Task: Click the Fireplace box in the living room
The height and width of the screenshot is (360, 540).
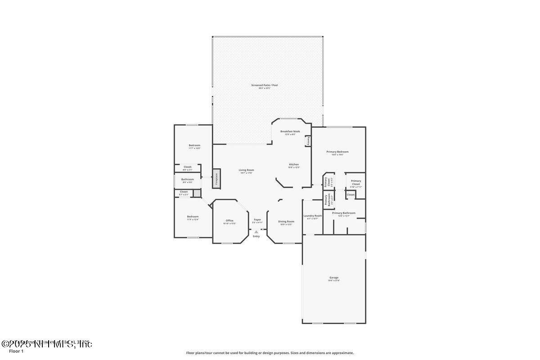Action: click(x=216, y=179)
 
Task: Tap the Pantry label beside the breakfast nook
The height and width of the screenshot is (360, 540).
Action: click(x=309, y=141)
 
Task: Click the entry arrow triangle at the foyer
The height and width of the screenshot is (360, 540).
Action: click(x=256, y=232)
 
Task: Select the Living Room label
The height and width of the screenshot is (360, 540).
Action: click(x=246, y=170)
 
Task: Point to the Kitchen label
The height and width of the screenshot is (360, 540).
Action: click(x=294, y=165)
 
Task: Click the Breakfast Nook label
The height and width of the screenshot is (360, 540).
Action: click(x=290, y=132)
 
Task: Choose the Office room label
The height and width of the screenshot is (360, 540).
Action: click(x=229, y=220)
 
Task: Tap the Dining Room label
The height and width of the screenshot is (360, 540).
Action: click(x=286, y=221)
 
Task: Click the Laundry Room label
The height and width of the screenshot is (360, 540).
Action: click(x=312, y=216)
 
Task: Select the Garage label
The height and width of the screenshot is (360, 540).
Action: click(x=333, y=278)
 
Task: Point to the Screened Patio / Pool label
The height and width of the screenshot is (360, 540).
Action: click(x=265, y=85)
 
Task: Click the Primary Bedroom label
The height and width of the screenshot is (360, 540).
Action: click(x=337, y=152)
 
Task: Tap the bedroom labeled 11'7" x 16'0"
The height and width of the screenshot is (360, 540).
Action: click(x=194, y=146)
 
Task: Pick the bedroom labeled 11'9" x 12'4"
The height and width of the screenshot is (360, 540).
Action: click(x=193, y=217)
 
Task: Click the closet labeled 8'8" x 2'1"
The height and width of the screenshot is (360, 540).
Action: click(x=188, y=167)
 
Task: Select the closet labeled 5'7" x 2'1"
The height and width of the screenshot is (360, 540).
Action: click(x=184, y=192)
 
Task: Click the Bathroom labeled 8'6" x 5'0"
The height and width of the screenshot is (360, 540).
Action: click(x=188, y=180)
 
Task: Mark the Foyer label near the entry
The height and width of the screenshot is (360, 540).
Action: click(x=257, y=220)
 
